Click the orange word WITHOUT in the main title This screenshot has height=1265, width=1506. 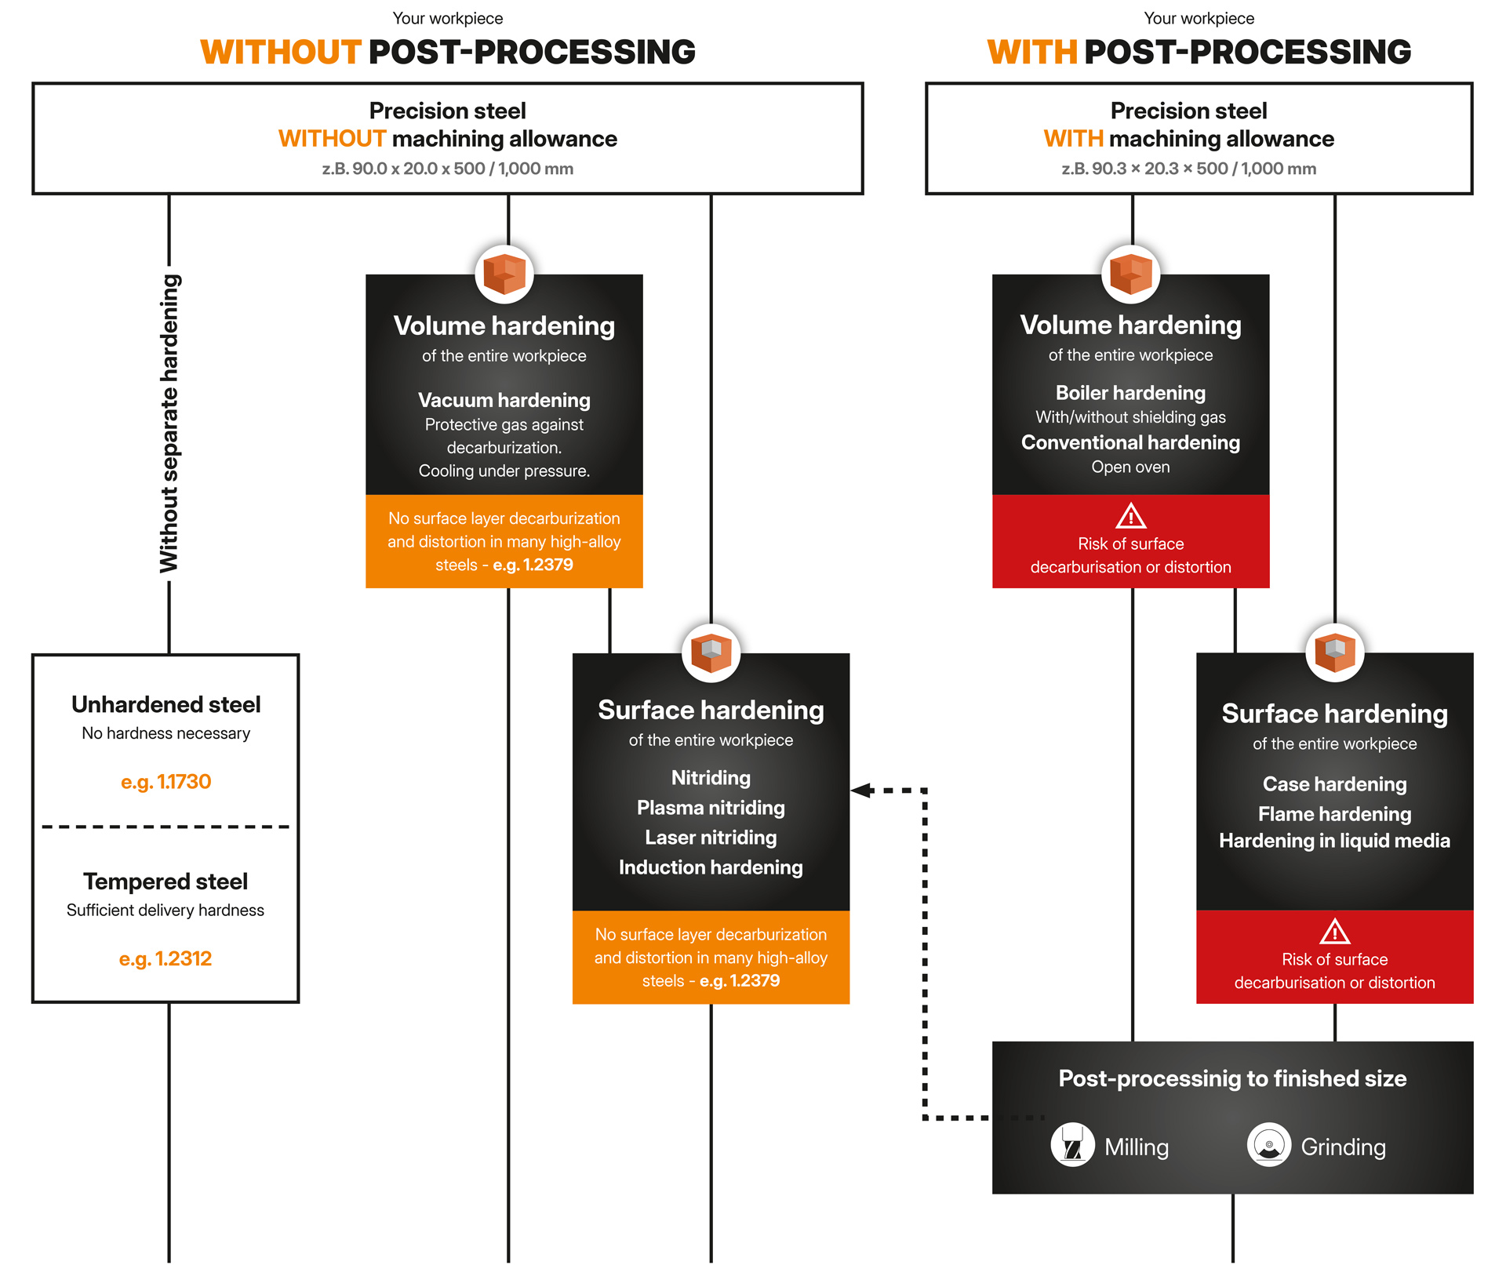point(280,53)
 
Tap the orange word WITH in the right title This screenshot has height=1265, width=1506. point(1031,53)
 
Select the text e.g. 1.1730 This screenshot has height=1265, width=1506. point(166,782)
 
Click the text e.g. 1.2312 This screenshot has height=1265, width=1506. point(166,959)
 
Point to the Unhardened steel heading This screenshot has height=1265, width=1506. point(166,704)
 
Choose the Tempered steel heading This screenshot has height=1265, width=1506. point(166,882)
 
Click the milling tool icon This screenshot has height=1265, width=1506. point(1072,1146)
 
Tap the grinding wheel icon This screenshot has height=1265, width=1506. point(1268,1146)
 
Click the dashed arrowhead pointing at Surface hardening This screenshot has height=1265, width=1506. point(862,790)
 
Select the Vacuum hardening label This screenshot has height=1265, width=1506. point(504,400)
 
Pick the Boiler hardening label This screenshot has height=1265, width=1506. point(1130,393)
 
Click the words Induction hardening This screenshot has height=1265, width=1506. point(711,867)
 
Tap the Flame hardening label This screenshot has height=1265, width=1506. point(1334,814)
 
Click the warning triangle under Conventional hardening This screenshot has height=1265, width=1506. point(1130,516)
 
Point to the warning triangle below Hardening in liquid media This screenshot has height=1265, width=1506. point(1334,932)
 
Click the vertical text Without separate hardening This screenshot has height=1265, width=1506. point(169,423)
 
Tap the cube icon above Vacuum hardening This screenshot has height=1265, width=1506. point(504,274)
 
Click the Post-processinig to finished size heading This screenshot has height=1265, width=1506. point(1232,1078)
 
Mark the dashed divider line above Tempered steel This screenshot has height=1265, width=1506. point(166,827)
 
